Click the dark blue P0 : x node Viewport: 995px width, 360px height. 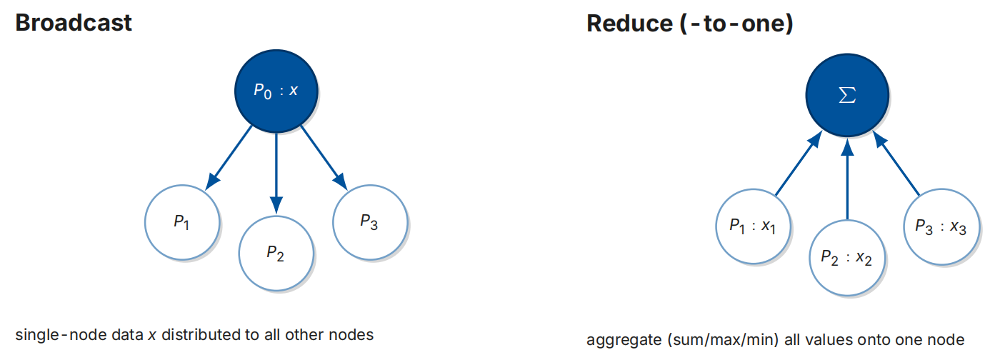(276, 91)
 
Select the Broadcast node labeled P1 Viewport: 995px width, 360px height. (182, 222)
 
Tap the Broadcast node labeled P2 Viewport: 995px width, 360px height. (276, 254)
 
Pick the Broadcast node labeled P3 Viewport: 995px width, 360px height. (370, 222)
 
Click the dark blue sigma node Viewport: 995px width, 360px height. (847, 95)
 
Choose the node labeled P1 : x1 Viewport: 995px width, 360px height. (754, 226)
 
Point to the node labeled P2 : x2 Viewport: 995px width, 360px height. (847, 258)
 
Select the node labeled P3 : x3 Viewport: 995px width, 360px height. (941, 226)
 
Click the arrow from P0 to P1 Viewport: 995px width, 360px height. (229, 158)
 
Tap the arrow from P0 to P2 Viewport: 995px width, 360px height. (276, 174)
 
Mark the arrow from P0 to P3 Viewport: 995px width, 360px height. (324, 158)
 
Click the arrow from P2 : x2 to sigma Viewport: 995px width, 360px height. (847, 179)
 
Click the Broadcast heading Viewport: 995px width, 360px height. (74, 23)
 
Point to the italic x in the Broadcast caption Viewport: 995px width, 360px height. (152, 335)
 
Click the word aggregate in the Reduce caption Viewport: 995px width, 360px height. (624, 341)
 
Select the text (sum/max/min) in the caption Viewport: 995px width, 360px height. (723, 340)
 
